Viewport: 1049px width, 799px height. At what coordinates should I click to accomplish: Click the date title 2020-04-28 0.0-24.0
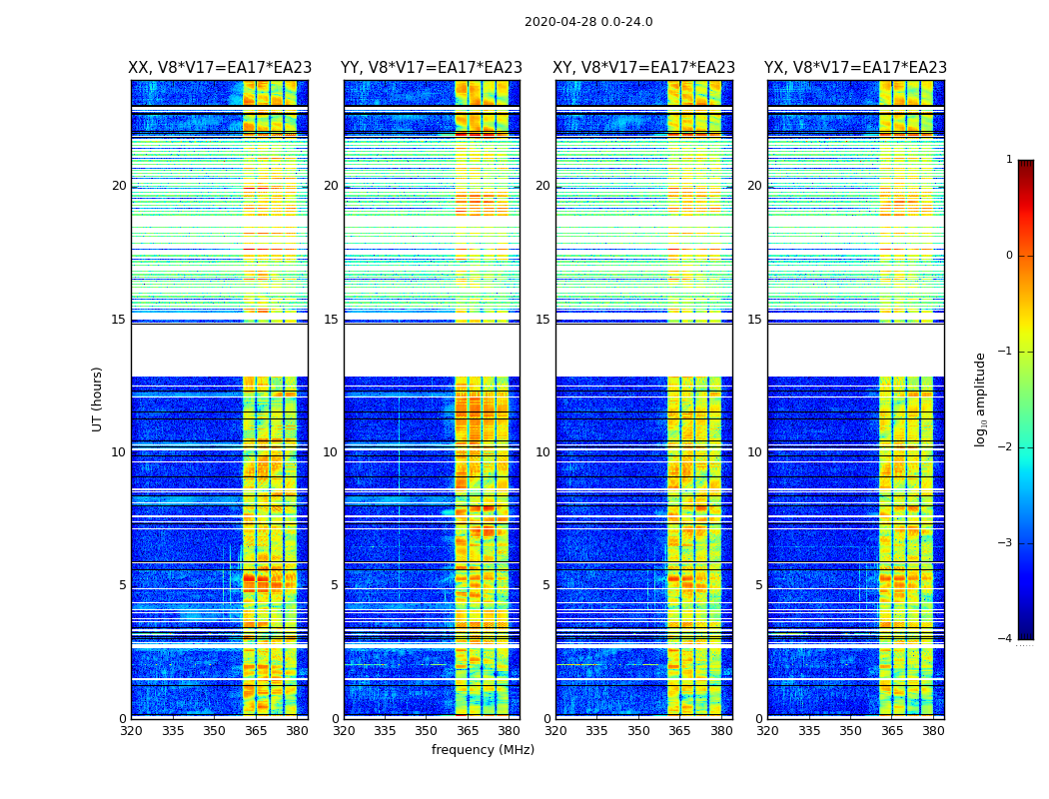click(588, 22)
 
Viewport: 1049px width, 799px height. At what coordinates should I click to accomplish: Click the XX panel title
click(220, 68)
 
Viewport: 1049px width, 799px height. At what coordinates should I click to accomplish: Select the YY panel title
click(432, 68)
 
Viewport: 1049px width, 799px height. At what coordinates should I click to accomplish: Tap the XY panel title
click(644, 68)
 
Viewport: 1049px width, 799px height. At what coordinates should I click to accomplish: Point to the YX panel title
click(856, 68)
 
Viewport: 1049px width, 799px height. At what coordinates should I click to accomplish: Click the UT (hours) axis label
click(98, 399)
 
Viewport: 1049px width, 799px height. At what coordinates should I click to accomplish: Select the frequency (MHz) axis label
click(483, 750)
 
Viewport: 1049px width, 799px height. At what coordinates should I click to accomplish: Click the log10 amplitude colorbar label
click(981, 399)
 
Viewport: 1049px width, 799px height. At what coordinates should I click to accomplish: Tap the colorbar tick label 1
click(1009, 160)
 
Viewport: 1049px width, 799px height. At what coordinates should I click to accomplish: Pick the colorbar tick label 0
click(1009, 256)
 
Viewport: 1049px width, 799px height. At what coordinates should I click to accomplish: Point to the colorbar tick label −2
click(1007, 447)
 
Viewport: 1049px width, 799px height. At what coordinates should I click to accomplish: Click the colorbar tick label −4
click(1007, 639)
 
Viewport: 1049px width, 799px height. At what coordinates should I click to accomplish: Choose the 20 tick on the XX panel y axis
click(119, 186)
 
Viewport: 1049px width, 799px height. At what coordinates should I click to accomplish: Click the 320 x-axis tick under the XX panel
click(131, 731)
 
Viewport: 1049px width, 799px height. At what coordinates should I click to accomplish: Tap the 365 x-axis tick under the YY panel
click(455, 731)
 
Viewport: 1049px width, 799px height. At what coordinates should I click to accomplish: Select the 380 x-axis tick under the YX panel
click(933, 731)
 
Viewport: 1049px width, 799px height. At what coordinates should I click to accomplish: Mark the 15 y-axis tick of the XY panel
click(542, 320)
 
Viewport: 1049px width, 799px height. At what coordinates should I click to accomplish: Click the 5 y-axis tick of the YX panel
click(758, 585)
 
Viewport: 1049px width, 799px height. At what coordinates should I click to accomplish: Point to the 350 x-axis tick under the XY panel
click(638, 731)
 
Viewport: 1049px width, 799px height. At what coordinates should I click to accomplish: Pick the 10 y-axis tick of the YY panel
click(331, 452)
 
